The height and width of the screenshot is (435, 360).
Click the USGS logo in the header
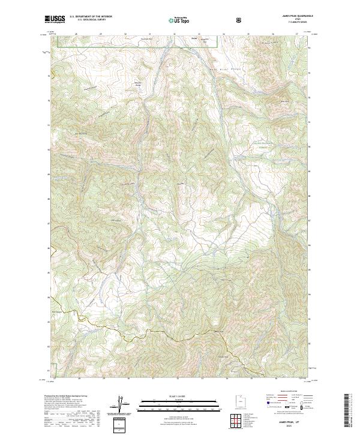click(x=55, y=20)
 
